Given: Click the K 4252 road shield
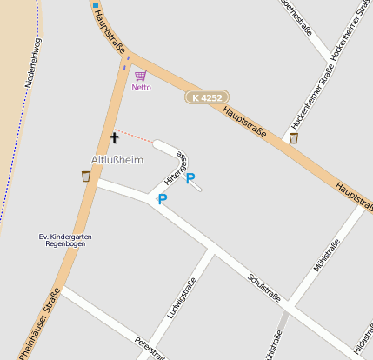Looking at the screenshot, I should coord(205,99).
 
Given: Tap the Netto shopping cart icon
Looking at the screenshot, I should coord(141,77).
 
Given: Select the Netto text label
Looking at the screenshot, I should coord(141,88).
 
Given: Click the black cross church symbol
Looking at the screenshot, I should coord(114,137).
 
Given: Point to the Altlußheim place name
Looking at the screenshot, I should coord(117,160).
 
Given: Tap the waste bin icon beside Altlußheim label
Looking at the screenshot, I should coord(85,177).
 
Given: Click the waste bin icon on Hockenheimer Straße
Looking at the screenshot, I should coord(294,137).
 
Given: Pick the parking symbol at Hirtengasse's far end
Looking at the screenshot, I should coord(190,178).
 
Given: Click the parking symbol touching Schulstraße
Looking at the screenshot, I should coord(162,199).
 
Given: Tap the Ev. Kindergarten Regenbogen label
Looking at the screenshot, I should coord(66,240).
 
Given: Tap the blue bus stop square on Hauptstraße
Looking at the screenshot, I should coord(96,6).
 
